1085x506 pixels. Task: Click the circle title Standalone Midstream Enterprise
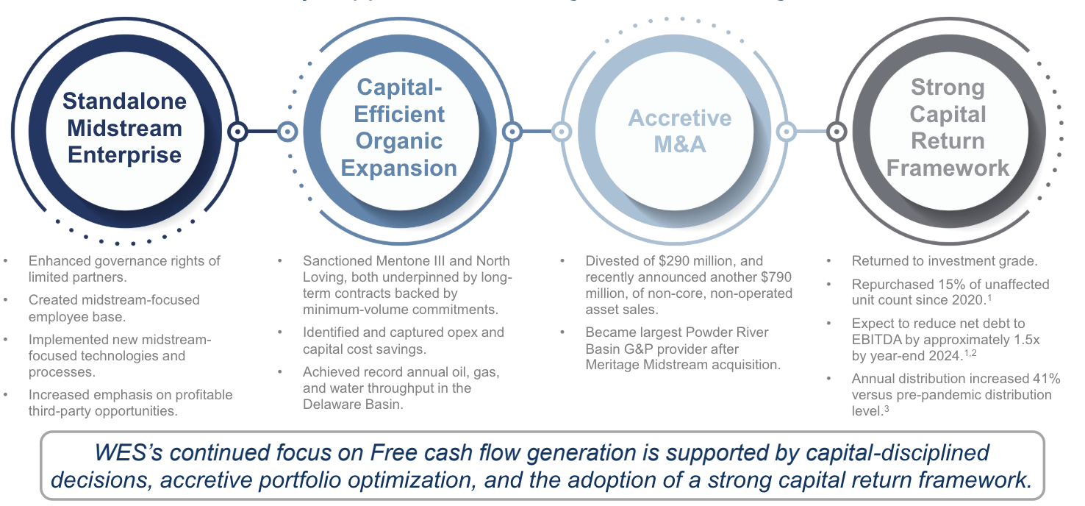(x=124, y=128)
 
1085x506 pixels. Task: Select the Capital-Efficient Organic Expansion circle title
(x=399, y=128)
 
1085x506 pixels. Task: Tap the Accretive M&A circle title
(x=680, y=131)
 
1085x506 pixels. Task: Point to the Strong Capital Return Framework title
(x=948, y=128)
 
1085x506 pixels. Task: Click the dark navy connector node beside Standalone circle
(x=237, y=132)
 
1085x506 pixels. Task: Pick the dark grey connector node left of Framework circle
(x=837, y=132)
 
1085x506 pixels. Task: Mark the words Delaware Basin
(x=352, y=405)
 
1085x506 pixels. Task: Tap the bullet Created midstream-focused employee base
(x=114, y=307)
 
